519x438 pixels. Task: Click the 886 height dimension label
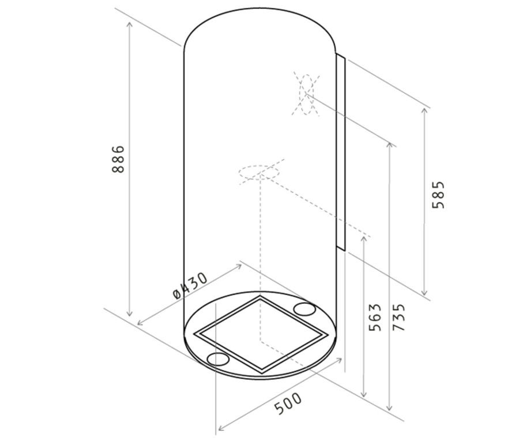tap(118, 159)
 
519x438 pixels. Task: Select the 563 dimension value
tap(375, 317)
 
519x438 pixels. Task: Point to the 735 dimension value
tap(398, 316)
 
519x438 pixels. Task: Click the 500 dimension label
tap(288, 403)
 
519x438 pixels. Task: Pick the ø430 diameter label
tap(190, 285)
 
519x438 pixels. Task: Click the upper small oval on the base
tap(304, 309)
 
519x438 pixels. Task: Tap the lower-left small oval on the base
tap(217, 359)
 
